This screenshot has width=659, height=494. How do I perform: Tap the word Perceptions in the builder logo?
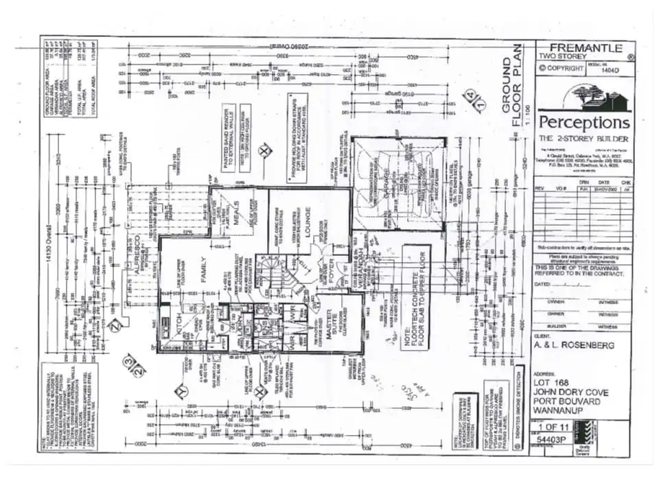click(583, 122)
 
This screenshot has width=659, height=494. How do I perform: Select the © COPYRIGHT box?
click(562, 68)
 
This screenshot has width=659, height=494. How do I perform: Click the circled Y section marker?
click(181, 392)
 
